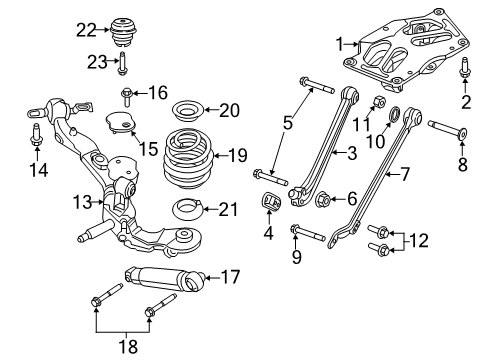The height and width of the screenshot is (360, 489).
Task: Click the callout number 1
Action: [339, 45]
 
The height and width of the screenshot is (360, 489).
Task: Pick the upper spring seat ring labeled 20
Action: [184, 110]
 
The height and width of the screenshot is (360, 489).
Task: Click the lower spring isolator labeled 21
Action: [185, 209]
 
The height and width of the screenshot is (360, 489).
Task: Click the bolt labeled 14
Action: [36, 135]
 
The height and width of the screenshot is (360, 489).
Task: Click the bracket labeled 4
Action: [270, 201]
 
